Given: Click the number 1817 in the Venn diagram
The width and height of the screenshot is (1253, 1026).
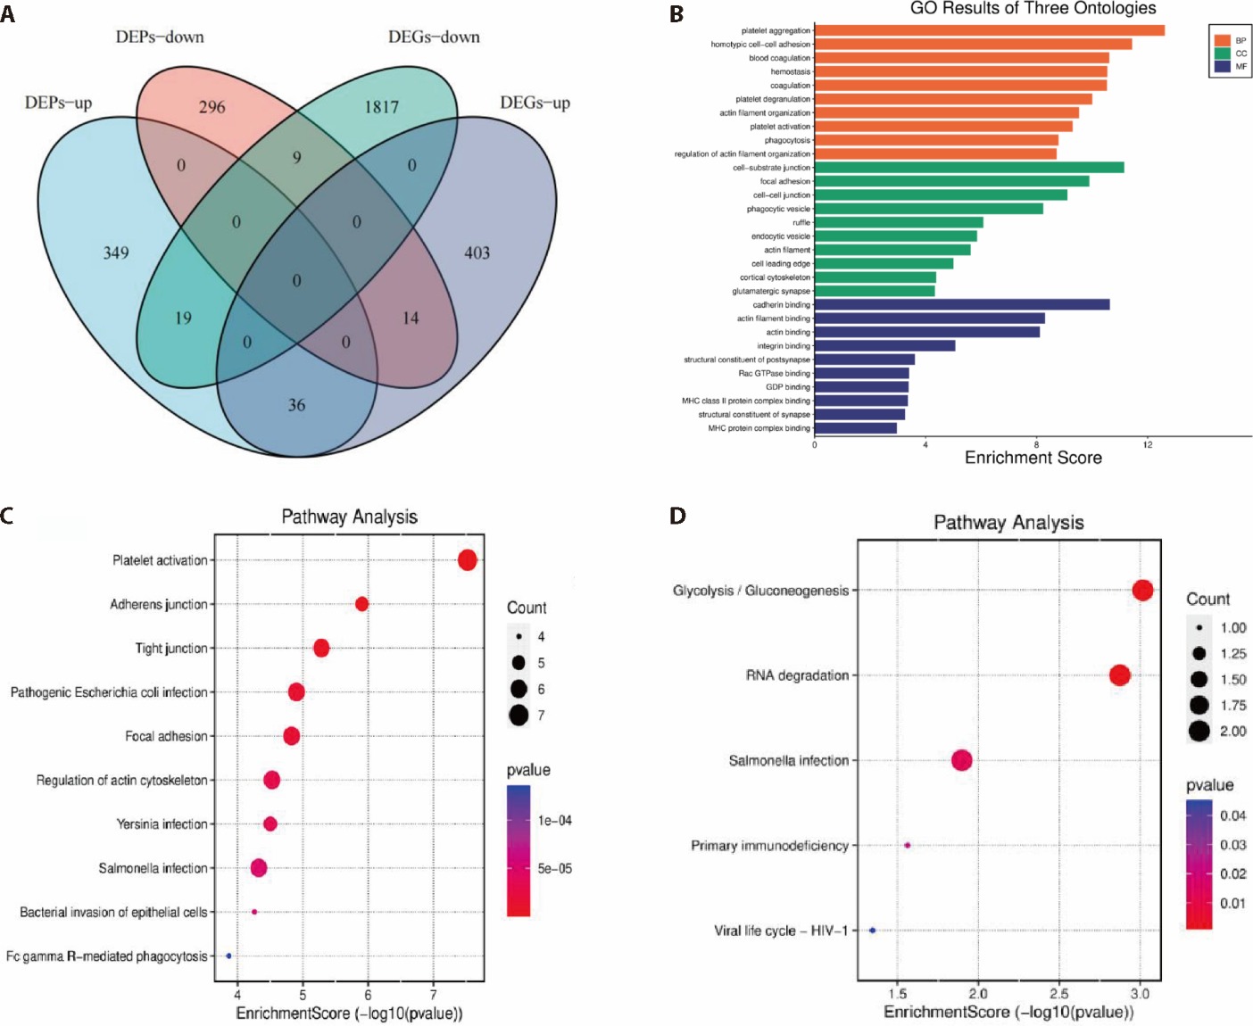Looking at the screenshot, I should tap(381, 107).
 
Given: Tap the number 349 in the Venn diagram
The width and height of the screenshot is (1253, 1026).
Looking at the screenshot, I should tap(116, 252).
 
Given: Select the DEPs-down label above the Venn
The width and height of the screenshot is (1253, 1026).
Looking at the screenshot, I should tap(160, 37).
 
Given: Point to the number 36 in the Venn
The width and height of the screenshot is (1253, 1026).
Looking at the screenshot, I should tap(296, 405).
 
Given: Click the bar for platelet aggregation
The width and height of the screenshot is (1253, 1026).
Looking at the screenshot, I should tap(989, 30).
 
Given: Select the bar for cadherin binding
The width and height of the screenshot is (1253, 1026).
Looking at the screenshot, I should tap(961, 304).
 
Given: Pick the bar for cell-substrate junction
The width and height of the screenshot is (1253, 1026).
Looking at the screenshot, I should tap(968, 168).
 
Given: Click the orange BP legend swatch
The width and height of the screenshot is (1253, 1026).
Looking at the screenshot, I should tap(1222, 40).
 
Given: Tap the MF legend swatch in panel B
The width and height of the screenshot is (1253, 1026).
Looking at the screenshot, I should tap(1222, 67).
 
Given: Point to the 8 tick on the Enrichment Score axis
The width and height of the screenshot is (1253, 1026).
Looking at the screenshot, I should tap(1036, 443).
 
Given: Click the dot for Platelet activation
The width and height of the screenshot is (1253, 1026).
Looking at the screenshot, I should tap(467, 560).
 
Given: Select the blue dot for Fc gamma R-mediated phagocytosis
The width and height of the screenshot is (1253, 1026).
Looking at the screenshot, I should tap(228, 956).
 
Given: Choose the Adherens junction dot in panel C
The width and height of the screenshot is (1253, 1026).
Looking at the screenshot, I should tap(361, 604).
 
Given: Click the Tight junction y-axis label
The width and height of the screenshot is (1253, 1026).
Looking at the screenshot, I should tap(171, 649).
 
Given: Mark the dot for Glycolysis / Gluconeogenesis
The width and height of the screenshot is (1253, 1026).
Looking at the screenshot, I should tap(1142, 590).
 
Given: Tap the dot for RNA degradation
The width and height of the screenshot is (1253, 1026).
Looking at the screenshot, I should tap(1119, 675).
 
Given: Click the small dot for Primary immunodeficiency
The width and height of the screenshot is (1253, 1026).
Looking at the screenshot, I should tap(907, 845).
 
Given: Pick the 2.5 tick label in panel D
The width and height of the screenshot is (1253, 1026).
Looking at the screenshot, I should tap(1059, 993).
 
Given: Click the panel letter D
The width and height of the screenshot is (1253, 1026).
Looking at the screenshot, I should tap(677, 516).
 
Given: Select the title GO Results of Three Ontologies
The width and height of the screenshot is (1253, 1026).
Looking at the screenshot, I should tap(1033, 9).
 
